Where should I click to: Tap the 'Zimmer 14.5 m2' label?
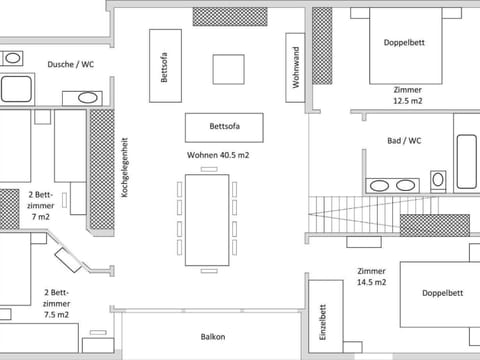pyautogui.click(x=371, y=276)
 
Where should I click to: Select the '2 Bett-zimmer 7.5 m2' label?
pyautogui.click(x=56, y=303)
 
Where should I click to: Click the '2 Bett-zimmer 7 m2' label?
pyautogui.click(x=40, y=205)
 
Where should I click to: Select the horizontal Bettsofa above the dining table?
pyautogui.click(x=223, y=127)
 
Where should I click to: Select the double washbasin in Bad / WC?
pyautogui.click(x=392, y=185)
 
